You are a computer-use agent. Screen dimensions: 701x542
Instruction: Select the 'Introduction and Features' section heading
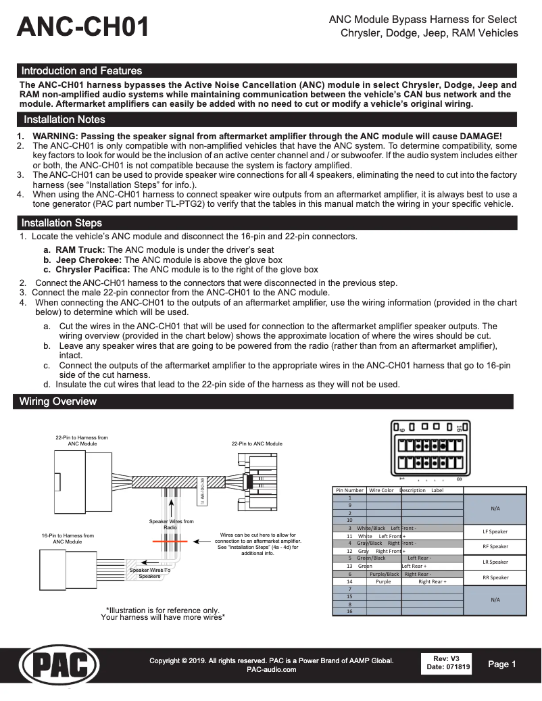(x=82, y=71)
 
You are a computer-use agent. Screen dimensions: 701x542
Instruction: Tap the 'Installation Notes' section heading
(x=64, y=120)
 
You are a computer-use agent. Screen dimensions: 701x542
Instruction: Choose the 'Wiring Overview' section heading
(x=58, y=402)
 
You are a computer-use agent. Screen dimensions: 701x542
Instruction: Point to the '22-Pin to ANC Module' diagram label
(x=257, y=444)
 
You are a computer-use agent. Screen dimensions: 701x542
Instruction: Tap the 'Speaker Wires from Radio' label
(x=171, y=524)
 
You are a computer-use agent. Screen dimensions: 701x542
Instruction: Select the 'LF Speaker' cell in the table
(x=495, y=531)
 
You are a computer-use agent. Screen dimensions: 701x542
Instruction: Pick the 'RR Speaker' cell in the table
(x=495, y=577)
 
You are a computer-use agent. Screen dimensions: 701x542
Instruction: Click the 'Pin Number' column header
(x=349, y=490)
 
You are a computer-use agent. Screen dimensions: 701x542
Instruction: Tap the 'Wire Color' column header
(x=382, y=490)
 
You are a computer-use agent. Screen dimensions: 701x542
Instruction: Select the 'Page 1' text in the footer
(x=502, y=664)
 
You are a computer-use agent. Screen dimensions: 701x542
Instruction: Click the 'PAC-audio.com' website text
(x=271, y=669)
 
